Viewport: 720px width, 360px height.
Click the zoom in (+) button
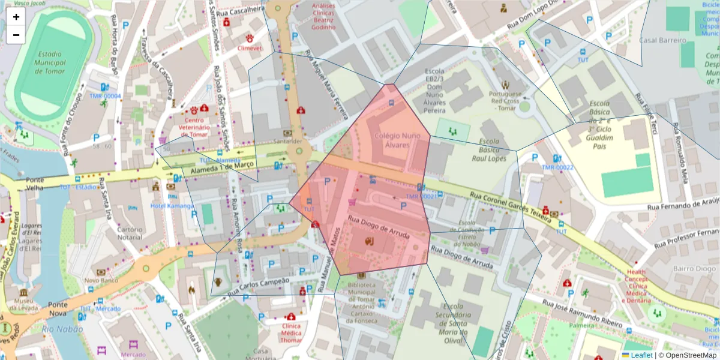16,17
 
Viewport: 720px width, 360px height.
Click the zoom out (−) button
16,35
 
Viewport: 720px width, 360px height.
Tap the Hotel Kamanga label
172,206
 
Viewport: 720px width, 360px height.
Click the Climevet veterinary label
249,47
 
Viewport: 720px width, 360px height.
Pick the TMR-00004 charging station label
105,96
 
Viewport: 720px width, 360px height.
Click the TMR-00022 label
557,167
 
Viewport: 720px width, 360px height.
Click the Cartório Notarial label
129,233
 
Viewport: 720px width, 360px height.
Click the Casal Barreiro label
662,40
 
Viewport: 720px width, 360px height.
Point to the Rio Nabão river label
58,329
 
